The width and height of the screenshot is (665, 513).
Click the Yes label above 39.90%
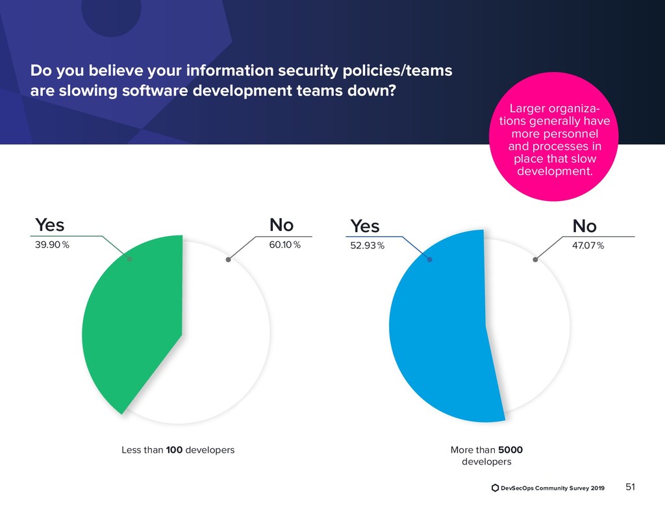tap(49, 225)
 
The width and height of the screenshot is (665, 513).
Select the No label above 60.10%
tap(282, 225)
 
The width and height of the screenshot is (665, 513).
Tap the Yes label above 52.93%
tap(364, 226)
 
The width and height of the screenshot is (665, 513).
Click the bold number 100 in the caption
tap(174, 449)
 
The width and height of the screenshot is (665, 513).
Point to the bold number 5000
tap(511, 449)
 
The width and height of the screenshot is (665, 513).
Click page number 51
tap(630, 487)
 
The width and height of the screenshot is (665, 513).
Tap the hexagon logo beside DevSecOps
tap(496, 488)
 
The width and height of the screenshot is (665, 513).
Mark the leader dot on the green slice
tap(130, 259)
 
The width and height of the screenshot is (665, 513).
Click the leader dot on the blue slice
tap(429, 259)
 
